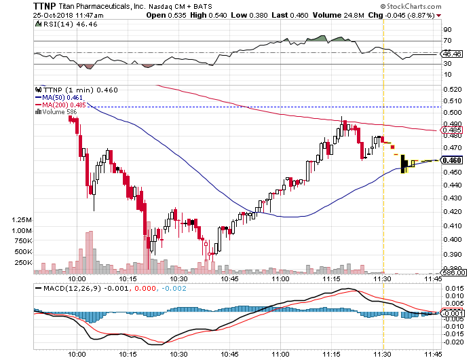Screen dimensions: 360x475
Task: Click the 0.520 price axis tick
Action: coord(451,89)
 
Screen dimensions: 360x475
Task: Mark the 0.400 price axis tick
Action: coord(451,239)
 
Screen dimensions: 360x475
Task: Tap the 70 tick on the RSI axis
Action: coord(447,41)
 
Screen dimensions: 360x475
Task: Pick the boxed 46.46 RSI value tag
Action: coord(451,53)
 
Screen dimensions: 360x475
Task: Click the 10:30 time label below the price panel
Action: coord(178,278)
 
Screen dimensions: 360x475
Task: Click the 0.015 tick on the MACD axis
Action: coord(451,288)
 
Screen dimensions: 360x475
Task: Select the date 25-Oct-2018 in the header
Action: coord(24,15)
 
